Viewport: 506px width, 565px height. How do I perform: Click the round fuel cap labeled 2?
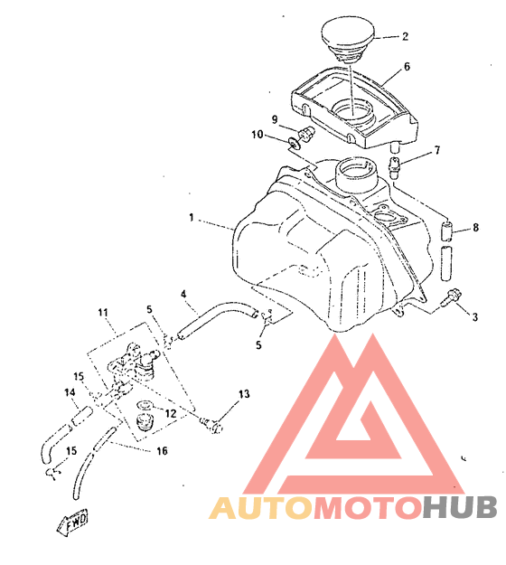pyautogui.click(x=348, y=40)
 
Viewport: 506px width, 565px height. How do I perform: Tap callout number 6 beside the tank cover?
pyautogui.click(x=407, y=67)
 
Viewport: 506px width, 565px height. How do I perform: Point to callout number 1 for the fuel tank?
pyautogui.click(x=192, y=217)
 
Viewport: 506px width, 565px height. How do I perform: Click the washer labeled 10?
pyautogui.click(x=294, y=144)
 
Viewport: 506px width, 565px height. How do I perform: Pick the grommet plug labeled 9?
pyautogui.click(x=306, y=134)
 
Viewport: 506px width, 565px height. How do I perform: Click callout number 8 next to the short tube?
pyautogui.click(x=476, y=228)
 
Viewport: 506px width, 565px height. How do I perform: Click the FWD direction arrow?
pyautogui.click(x=73, y=523)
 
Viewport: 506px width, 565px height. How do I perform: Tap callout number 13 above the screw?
pyautogui.click(x=244, y=394)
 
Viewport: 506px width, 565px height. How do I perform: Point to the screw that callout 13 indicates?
pyautogui.click(x=212, y=425)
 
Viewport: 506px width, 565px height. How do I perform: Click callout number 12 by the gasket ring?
pyautogui.click(x=170, y=413)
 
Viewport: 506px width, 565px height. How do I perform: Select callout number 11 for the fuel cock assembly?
pyautogui.click(x=103, y=312)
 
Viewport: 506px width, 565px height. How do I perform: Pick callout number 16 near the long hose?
pyautogui.click(x=162, y=450)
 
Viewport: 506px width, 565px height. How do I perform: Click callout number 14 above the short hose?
pyautogui.click(x=70, y=392)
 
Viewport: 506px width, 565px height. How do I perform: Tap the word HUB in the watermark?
pyautogui.click(x=460, y=507)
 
